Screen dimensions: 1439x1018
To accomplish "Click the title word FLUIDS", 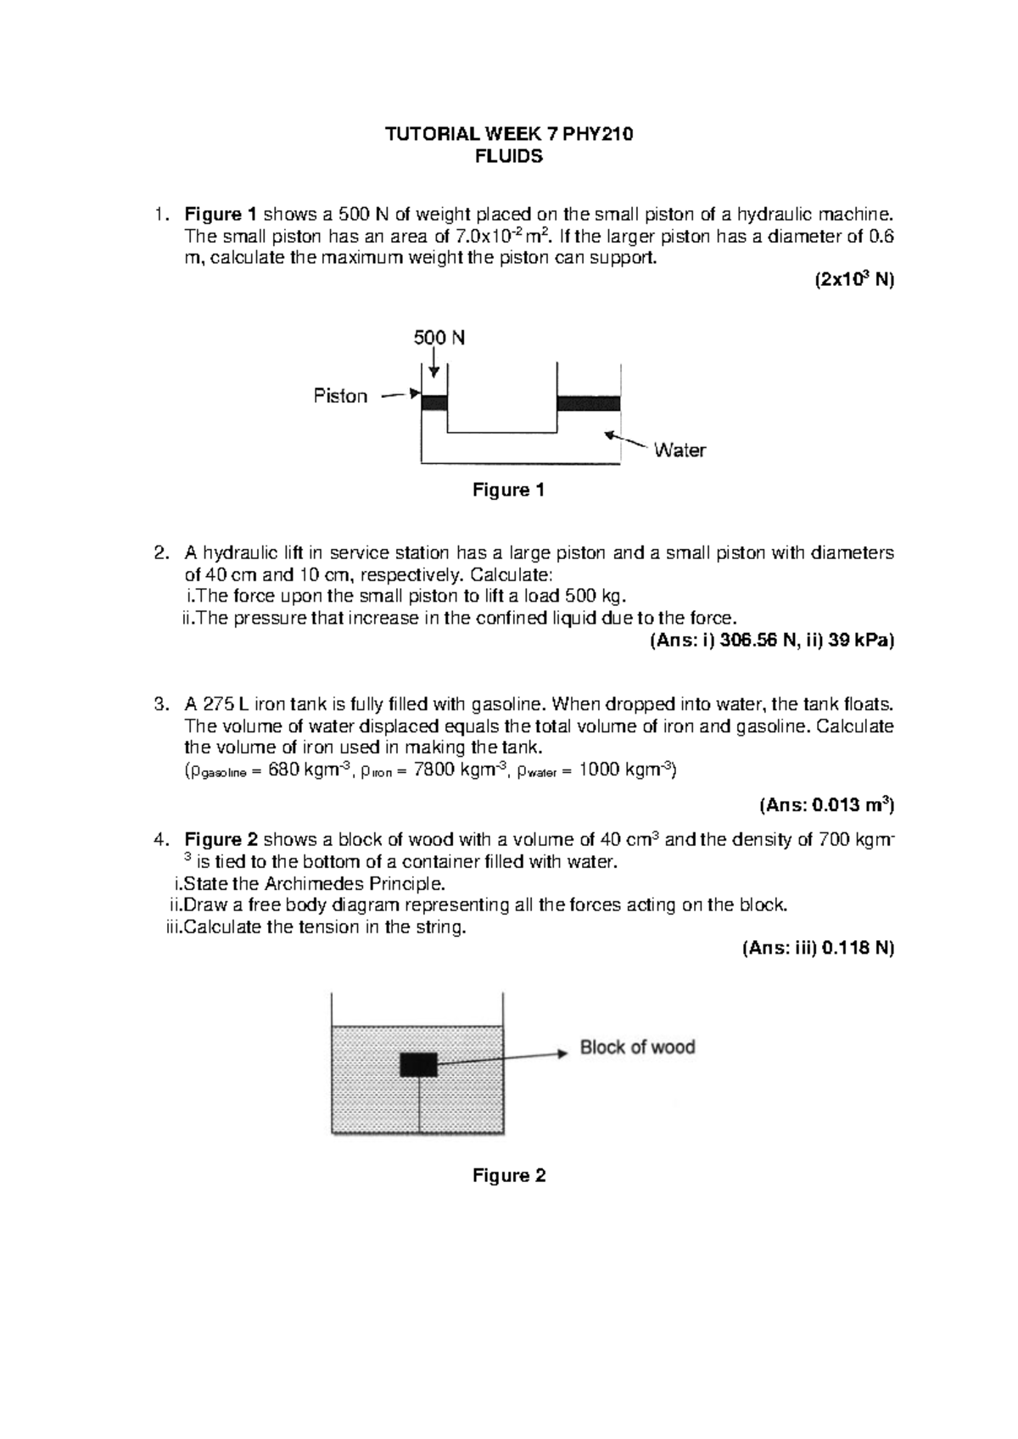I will [x=509, y=157].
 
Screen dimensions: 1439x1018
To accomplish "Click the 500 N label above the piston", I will [x=439, y=338].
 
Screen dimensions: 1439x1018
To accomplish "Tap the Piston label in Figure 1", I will [x=340, y=396].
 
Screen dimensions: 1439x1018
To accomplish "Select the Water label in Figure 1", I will [x=680, y=451].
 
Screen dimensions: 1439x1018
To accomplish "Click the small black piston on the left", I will [x=434, y=403].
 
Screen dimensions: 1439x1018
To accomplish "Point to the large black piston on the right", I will [x=588, y=403].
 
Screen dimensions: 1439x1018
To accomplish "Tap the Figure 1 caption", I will [x=508, y=490].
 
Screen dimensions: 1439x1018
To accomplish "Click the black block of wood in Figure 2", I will [x=418, y=1064].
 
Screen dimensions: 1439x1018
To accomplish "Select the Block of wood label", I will [x=637, y=1048].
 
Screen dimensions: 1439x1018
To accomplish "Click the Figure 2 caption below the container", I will [x=508, y=1176].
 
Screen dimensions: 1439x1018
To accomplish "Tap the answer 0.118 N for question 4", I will [x=853, y=949].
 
